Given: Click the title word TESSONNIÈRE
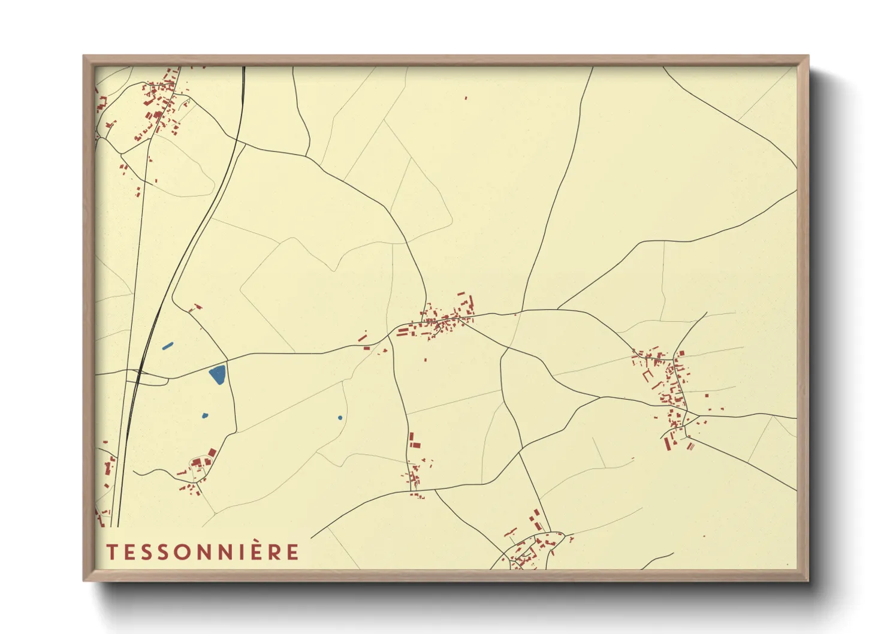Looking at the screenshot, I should coord(203,552).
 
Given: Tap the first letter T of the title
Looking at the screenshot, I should coord(111,552).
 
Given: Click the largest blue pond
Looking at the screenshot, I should coord(218,374).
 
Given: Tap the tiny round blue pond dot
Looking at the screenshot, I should coord(340,418).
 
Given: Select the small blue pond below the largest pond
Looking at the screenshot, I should coord(205,415).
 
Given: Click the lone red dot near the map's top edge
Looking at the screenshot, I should coord(466,98).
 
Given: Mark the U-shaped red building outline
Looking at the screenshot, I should coord(647,376).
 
